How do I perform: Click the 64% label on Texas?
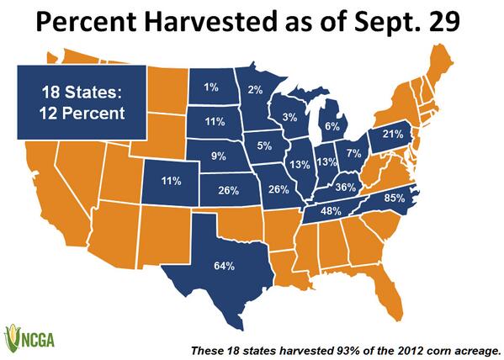pos(224,267)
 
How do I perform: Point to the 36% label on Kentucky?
pos(344,187)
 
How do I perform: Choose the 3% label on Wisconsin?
pos(288,117)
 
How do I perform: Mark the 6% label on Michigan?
pos(332,125)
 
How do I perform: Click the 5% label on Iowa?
pos(264,145)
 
